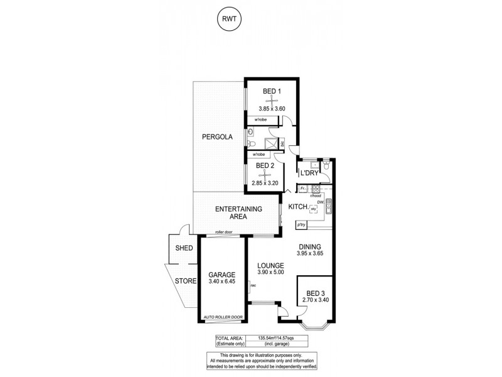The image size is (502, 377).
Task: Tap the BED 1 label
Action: pos(272,92)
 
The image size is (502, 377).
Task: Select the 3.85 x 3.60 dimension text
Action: pos(272,109)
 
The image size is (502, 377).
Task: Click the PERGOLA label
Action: pos(217,137)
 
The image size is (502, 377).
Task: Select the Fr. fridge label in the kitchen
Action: pos(302,188)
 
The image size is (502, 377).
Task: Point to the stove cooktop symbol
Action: pos(316,188)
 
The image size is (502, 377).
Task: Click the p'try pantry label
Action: pos(302,224)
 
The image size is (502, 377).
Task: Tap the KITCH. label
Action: pos(297,207)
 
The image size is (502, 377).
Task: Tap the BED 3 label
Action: pos(316,293)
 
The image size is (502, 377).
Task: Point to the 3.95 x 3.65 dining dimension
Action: pos(310,254)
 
